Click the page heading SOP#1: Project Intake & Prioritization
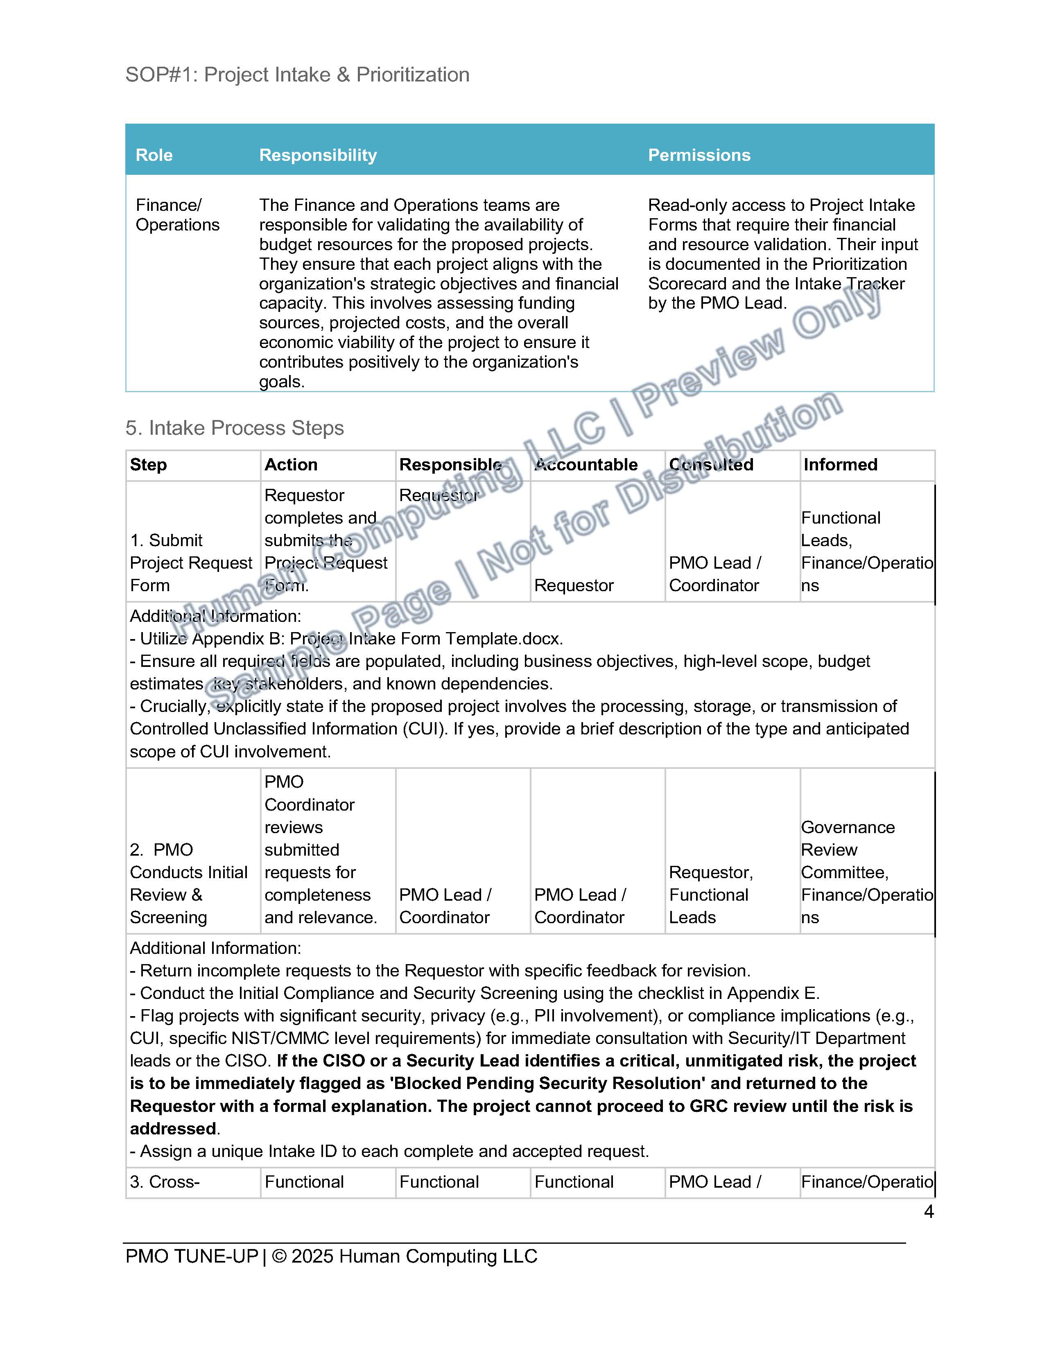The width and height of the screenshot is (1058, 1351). tap(297, 75)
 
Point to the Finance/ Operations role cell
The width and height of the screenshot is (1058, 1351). tap(177, 215)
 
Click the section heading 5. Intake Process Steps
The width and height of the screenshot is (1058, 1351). tap(234, 428)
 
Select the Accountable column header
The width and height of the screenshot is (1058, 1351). tap(586, 465)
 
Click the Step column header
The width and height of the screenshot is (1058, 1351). tap(148, 465)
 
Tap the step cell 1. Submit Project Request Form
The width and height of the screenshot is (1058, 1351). tap(191, 563)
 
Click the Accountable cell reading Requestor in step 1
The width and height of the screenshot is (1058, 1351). tap(574, 585)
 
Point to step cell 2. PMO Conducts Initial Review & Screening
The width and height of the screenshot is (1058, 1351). tap(188, 883)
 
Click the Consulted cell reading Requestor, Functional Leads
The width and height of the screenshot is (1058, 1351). tap(710, 895)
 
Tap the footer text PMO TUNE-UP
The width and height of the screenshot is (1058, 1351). tap(191, 1257)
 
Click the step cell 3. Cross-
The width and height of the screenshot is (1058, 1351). tap(165, 1182)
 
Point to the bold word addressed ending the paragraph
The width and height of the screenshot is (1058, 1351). tap(173, 1129)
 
